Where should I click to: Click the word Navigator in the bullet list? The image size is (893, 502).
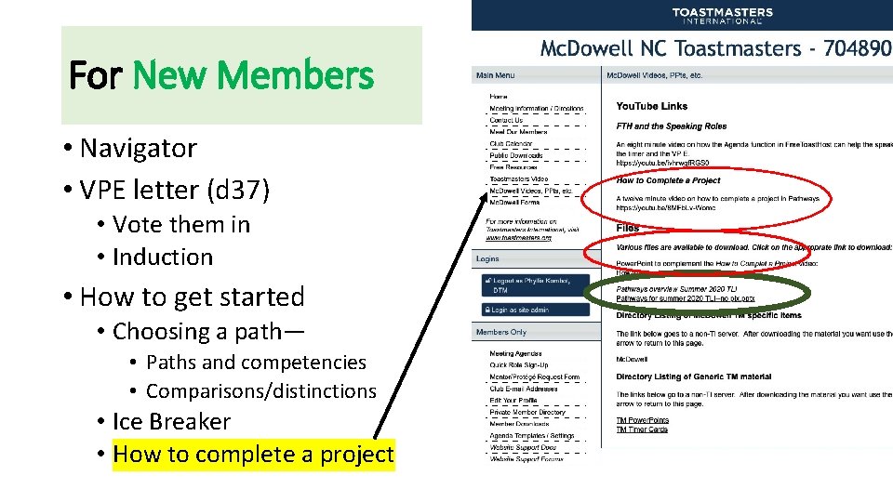pos(139,148)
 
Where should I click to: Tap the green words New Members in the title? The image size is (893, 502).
pos(253,75)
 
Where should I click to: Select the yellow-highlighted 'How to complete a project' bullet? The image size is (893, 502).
pos(253,455)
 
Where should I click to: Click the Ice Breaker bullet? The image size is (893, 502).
pos(171,421)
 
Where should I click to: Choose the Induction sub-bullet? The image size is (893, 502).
pos(163,257)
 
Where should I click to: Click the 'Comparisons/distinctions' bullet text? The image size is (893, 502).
pos(261,391)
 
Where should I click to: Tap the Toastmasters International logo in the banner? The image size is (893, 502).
pos(722,16)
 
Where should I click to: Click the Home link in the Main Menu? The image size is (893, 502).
pos(499,97)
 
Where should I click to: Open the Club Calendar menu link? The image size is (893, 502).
pos(511,144)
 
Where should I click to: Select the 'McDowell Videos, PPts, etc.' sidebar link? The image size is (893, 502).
pos(530,192)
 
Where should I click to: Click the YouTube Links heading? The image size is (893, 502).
pos(651,107)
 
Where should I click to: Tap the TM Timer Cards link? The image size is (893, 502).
pos(642,429)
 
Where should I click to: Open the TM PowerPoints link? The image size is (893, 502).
pos(642,420)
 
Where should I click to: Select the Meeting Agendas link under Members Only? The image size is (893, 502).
pos(514,354)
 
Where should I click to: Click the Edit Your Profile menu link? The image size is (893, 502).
pos(514,401)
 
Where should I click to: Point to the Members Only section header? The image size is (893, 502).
pos(501,332)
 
